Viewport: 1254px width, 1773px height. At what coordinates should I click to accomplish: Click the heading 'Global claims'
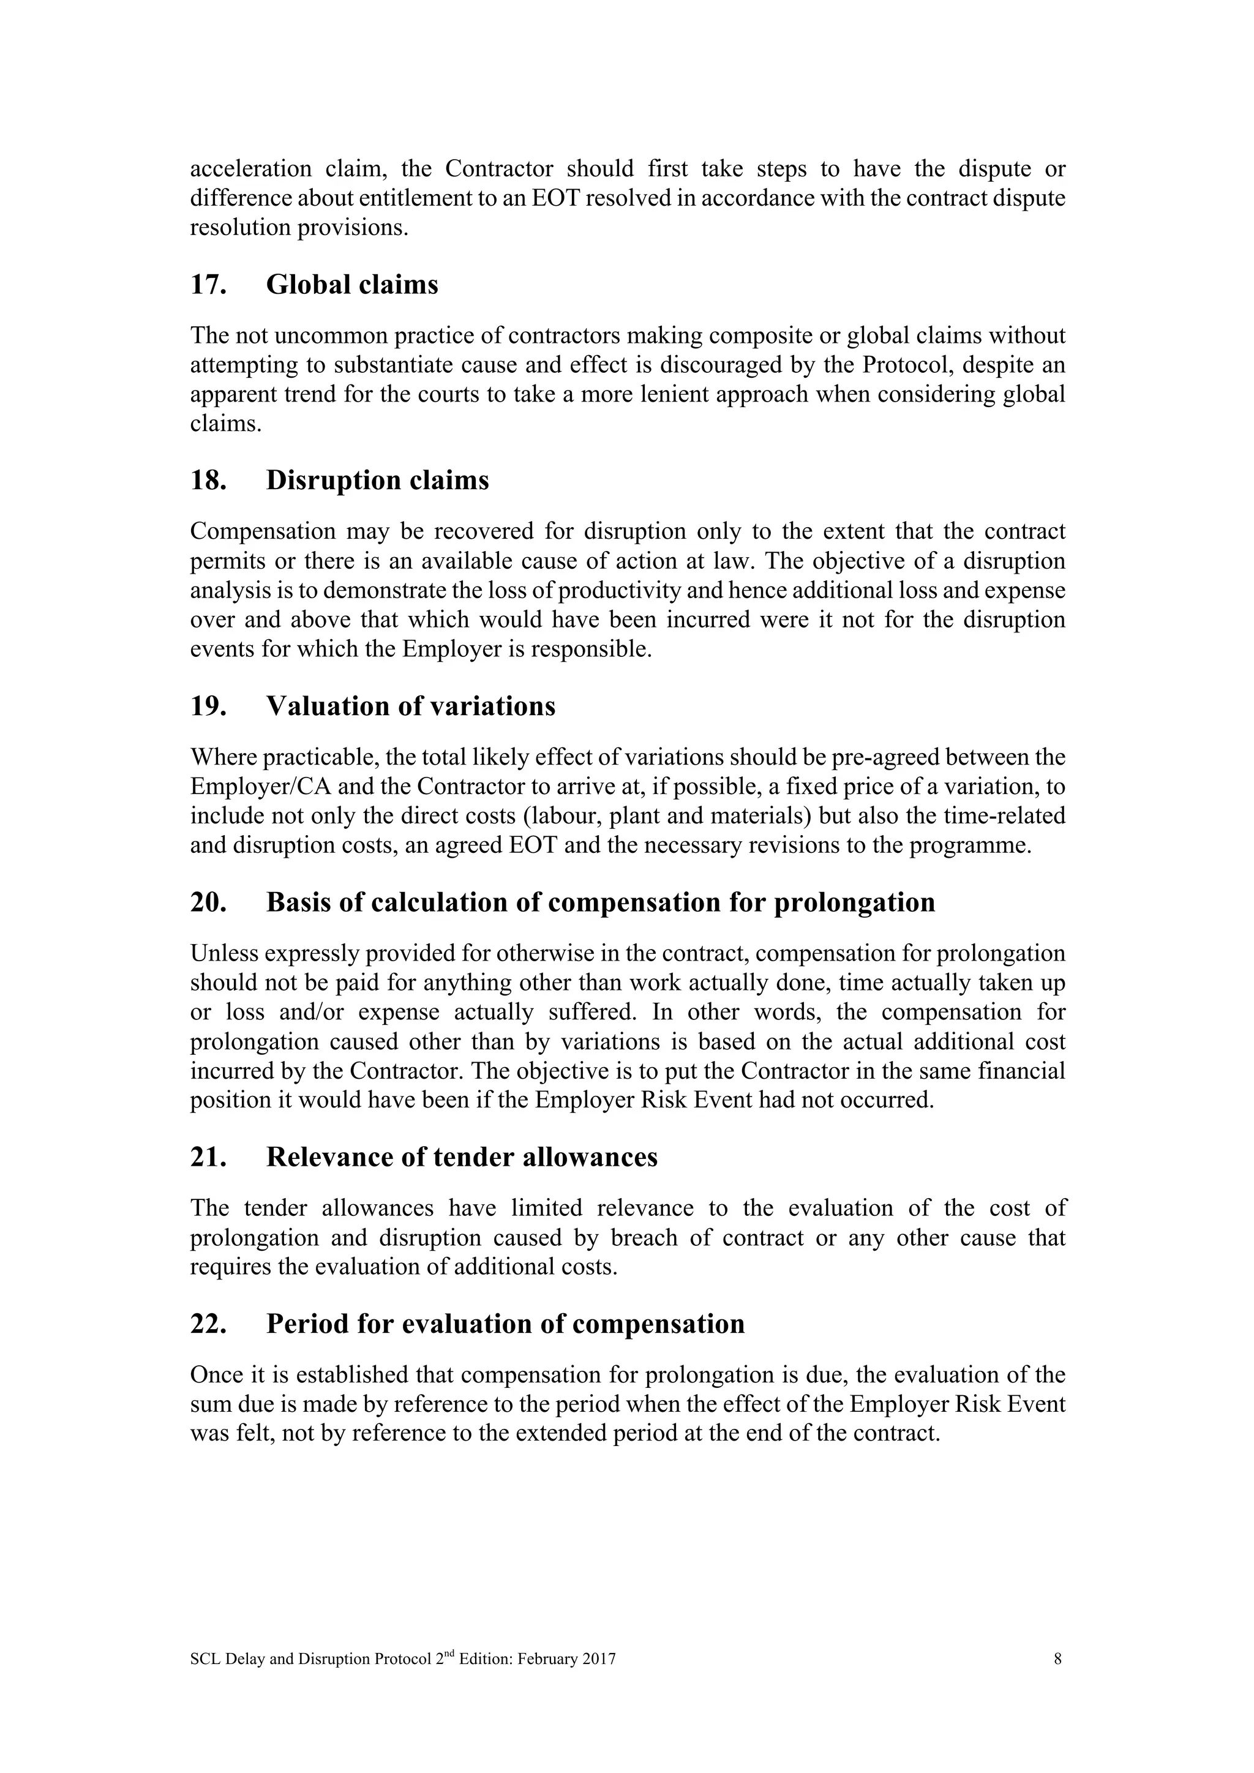351,285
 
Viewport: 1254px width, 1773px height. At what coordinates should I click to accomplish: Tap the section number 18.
208,481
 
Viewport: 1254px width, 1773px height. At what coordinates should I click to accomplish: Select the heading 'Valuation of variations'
410,707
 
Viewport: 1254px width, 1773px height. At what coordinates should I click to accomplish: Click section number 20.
208,902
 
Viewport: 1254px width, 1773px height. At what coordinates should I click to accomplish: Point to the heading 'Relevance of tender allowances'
461,1156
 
